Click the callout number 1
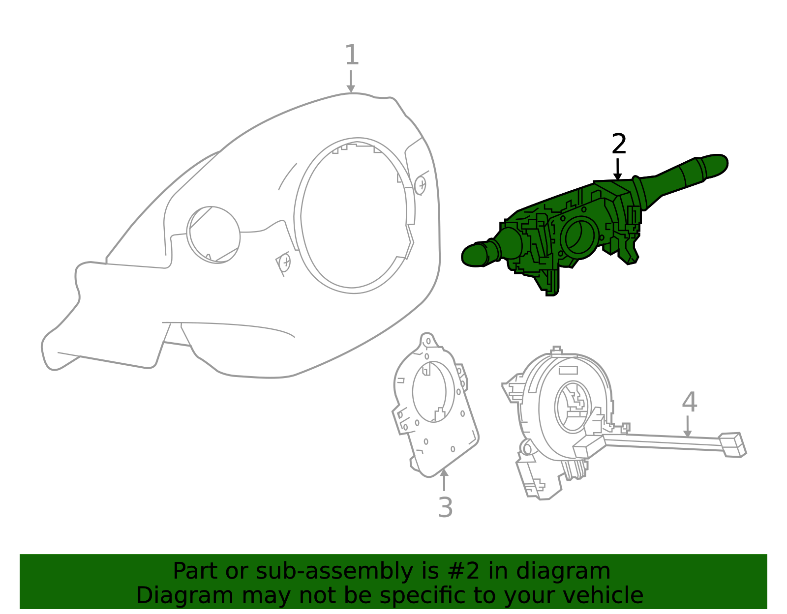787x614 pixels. [x=351, y=55]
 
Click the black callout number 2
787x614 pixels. [x=619, y=144]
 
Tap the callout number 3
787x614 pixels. [x=445, y=507]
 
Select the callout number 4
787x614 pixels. [x=689, y=402]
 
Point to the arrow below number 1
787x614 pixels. [x=351, y=82]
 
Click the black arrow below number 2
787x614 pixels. [x=617, y=170]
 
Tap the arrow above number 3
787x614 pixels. [x=444, y=479]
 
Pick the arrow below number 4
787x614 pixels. [x=688, y=426]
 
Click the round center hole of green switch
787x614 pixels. [x=580, y=236]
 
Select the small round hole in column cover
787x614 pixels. [x=213, y=235]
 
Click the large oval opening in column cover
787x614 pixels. [x=353, y=215]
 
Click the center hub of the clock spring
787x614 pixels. [x=573, y=406]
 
